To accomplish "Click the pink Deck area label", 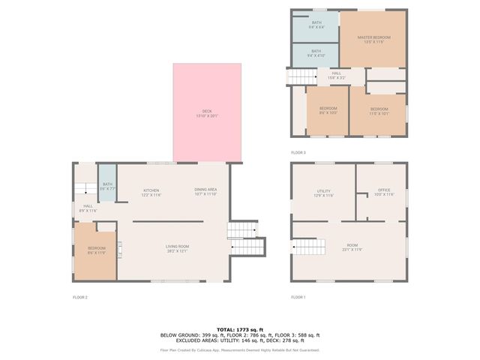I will (207, 113).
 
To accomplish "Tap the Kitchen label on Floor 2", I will (151, 192).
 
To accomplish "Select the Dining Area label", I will (205, 191).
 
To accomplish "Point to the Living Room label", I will (177, 248).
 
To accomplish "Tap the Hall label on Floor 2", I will (88, 208).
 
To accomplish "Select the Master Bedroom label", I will (373, 39).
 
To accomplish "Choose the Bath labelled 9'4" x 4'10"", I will (316, 54).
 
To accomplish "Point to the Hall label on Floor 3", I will (336, 75).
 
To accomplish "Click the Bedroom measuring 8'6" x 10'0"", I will (328, 110).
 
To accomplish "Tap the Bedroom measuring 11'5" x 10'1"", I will (379, 110).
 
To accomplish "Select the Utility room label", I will (323, 193).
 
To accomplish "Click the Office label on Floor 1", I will (384, 193).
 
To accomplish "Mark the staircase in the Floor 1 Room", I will (309, 247).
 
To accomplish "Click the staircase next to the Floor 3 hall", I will (300, 76).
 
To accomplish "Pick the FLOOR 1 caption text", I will (298, 298).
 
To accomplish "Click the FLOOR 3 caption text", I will (298, 152).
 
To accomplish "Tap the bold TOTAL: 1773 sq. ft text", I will (240, 329).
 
